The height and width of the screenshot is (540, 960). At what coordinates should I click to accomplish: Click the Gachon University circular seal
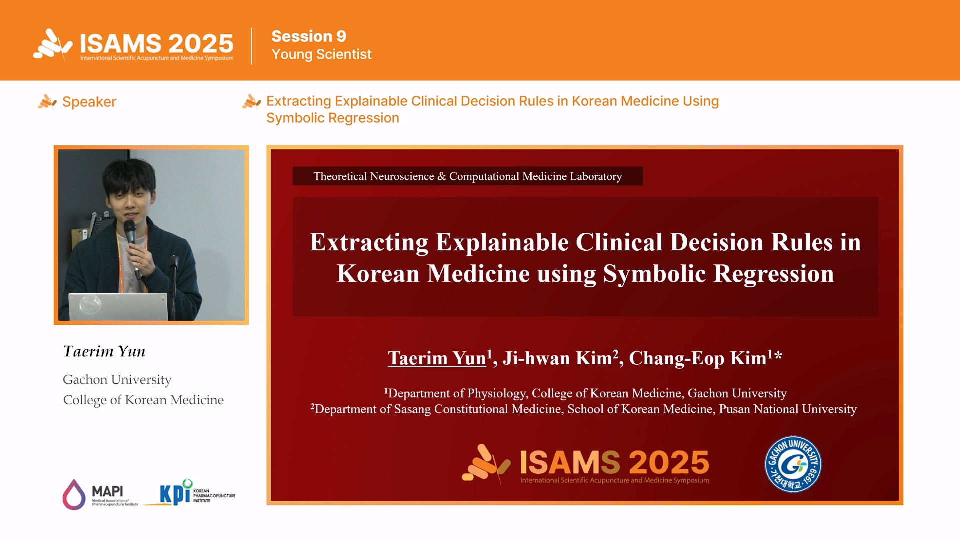793,464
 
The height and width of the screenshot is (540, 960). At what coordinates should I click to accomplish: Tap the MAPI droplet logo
74,495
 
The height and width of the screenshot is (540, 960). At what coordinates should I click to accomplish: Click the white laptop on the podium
118,306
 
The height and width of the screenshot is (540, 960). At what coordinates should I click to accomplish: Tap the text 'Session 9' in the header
309,36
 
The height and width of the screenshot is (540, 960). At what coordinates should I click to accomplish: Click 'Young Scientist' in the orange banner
321,54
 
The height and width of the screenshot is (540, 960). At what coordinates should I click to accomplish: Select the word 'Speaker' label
89,102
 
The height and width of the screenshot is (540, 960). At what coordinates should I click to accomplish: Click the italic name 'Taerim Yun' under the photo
104,351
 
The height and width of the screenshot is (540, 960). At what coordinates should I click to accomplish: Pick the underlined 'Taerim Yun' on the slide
437,358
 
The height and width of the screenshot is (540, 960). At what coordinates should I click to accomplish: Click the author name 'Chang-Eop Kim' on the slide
698,358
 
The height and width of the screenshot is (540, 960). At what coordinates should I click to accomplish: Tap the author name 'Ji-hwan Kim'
557,358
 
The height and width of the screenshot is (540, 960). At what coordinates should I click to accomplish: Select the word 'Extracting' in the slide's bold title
369,242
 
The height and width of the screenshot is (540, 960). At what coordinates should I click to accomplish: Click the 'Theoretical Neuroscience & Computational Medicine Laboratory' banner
468,176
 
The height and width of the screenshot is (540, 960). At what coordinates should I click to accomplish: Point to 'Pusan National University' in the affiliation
788,409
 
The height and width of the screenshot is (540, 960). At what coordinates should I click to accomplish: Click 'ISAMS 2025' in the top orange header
156,44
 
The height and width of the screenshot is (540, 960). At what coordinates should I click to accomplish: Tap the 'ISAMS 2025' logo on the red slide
586,464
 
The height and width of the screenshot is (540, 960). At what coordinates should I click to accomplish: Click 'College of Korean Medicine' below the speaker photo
143,400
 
